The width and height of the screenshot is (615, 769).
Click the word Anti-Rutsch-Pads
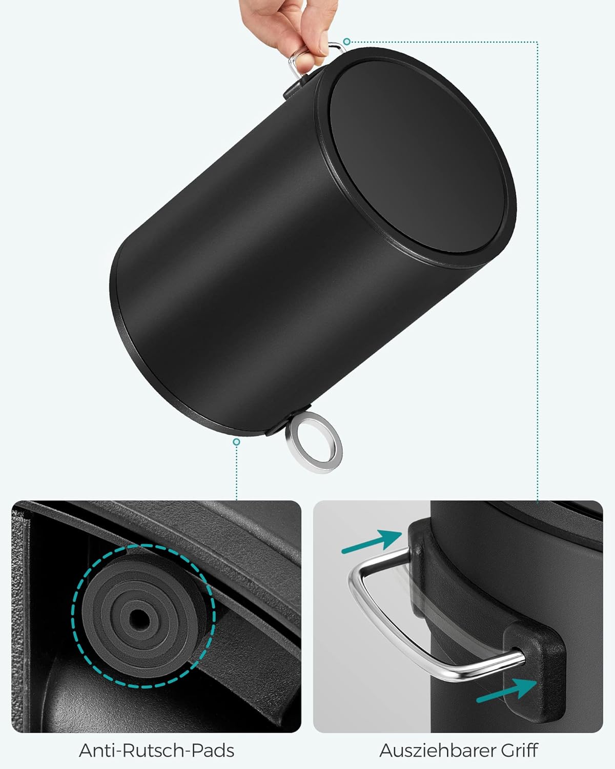156,751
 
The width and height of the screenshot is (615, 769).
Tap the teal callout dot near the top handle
347,41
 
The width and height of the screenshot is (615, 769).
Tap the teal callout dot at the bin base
236,441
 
